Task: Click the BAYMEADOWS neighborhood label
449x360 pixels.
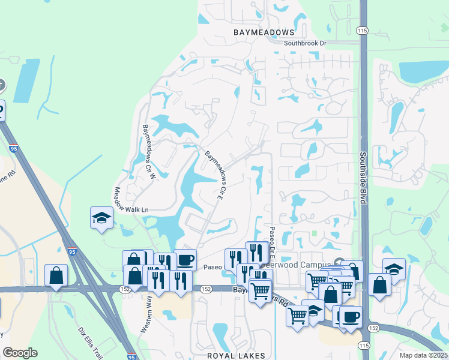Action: (264, 32)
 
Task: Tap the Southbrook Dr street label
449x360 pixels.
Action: (305, 43)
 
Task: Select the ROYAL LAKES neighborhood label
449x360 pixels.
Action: (236, 356)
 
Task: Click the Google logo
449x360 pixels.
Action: (19, 353)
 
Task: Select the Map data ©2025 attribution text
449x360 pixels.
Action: (423, 355)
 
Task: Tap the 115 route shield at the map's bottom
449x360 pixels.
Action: (364, 345)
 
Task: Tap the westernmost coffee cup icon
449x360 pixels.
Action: (185, 259)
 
